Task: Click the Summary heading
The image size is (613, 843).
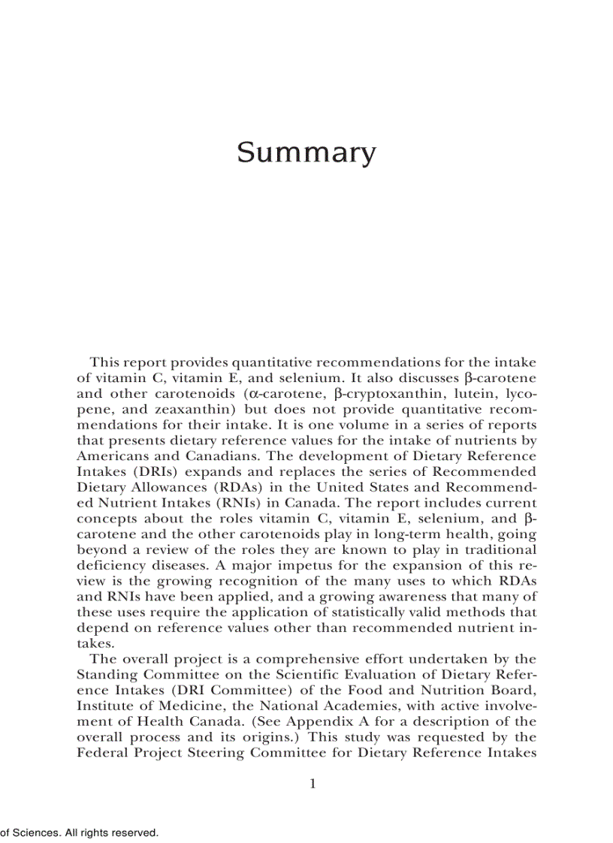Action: [306, 153]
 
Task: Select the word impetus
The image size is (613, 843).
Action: [285, 565]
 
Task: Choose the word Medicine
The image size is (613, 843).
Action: [177, 706]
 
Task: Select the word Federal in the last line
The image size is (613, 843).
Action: [101, 752]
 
